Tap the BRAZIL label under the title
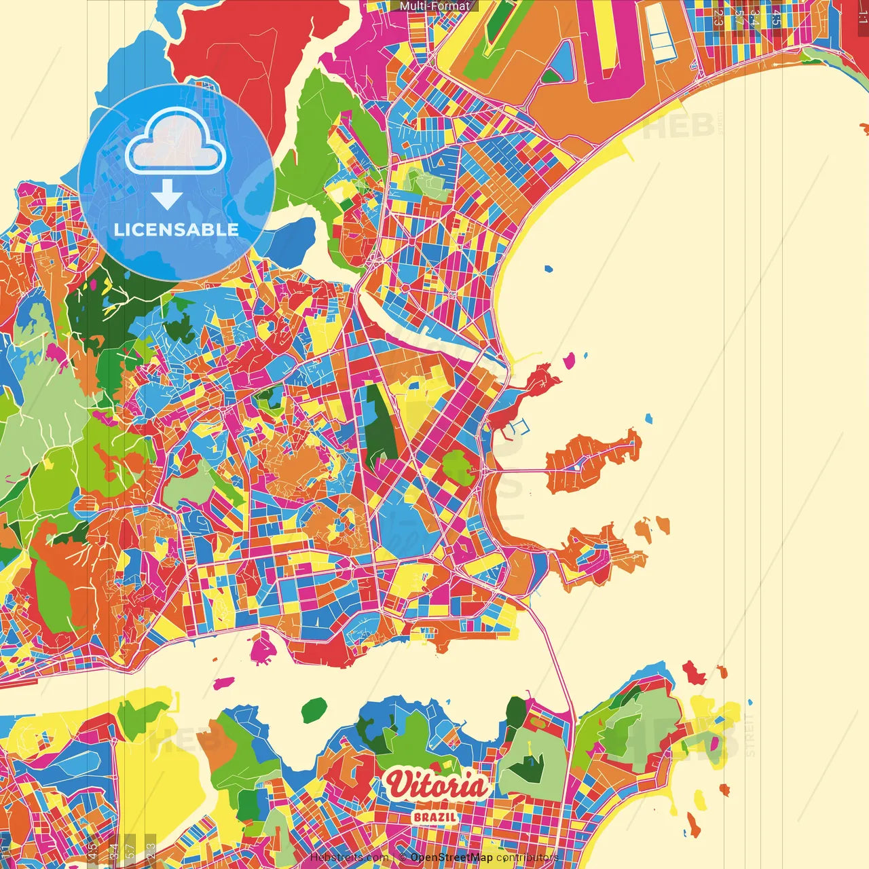[434, 817]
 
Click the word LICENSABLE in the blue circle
[177, 229]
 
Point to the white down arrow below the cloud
[167, 195]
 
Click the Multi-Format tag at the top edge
[434, 6]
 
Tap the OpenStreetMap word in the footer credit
[451, 857]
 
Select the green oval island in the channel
[314, 710]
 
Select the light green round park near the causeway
[458, 467]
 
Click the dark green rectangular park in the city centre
[380, 428]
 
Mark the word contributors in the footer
[527, 857]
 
